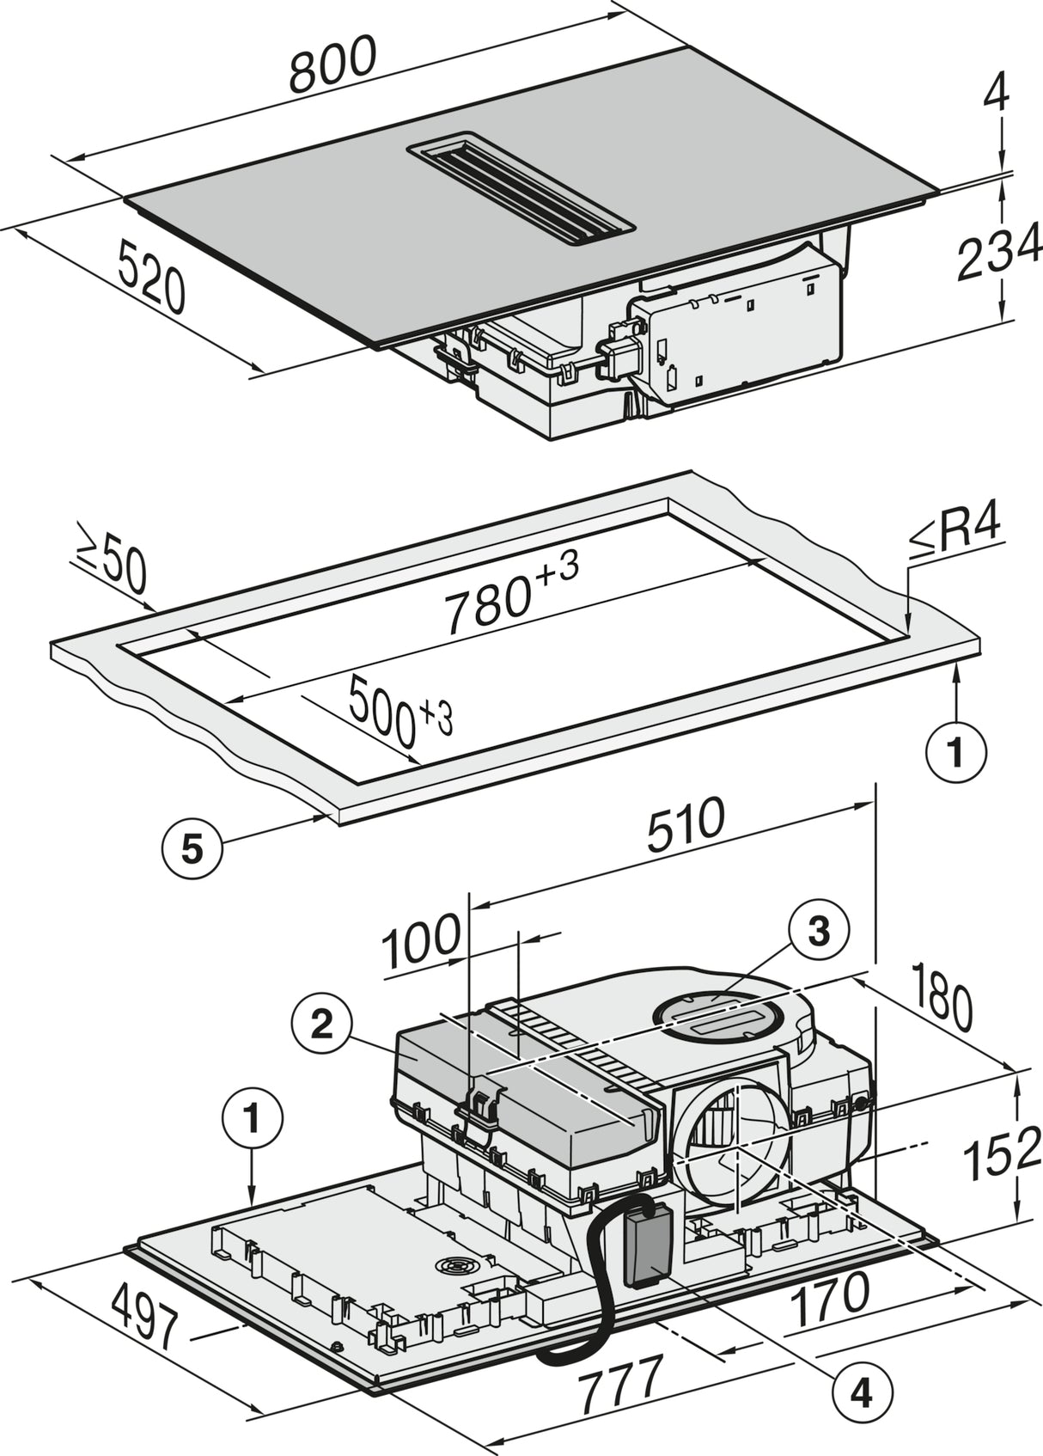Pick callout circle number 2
(x=321, y=1024)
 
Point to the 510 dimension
(x=683, y=827)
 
